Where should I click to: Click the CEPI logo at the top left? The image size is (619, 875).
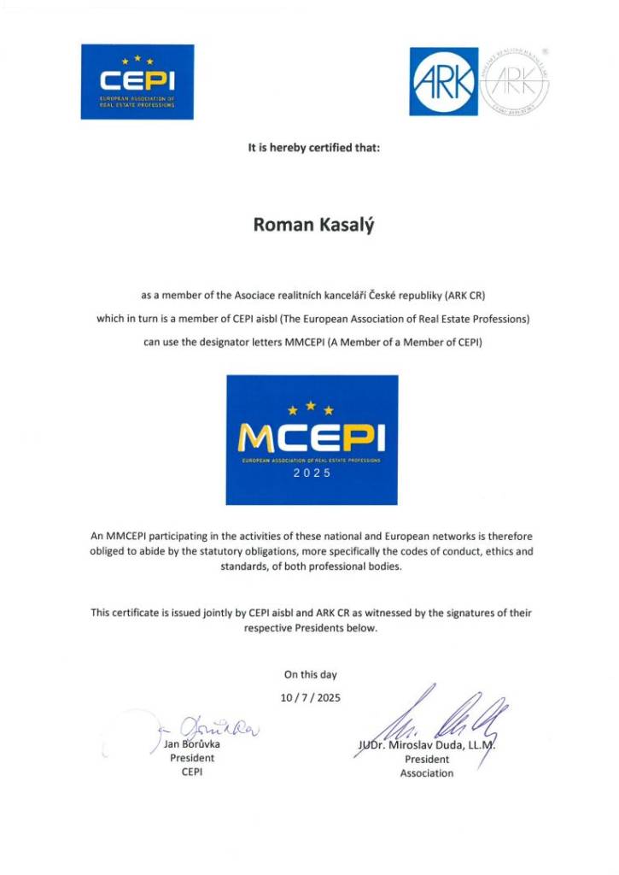137,82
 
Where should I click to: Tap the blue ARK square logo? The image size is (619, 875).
443,81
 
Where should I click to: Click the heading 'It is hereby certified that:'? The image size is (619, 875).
313,147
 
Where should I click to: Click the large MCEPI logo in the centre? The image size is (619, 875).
312,439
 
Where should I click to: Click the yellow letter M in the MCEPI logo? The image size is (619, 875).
255,439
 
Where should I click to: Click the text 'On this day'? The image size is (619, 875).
311,675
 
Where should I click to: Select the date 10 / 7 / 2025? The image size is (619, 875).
311,697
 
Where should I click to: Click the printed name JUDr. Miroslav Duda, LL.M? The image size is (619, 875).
426,745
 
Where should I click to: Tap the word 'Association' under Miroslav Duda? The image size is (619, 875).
427,773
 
